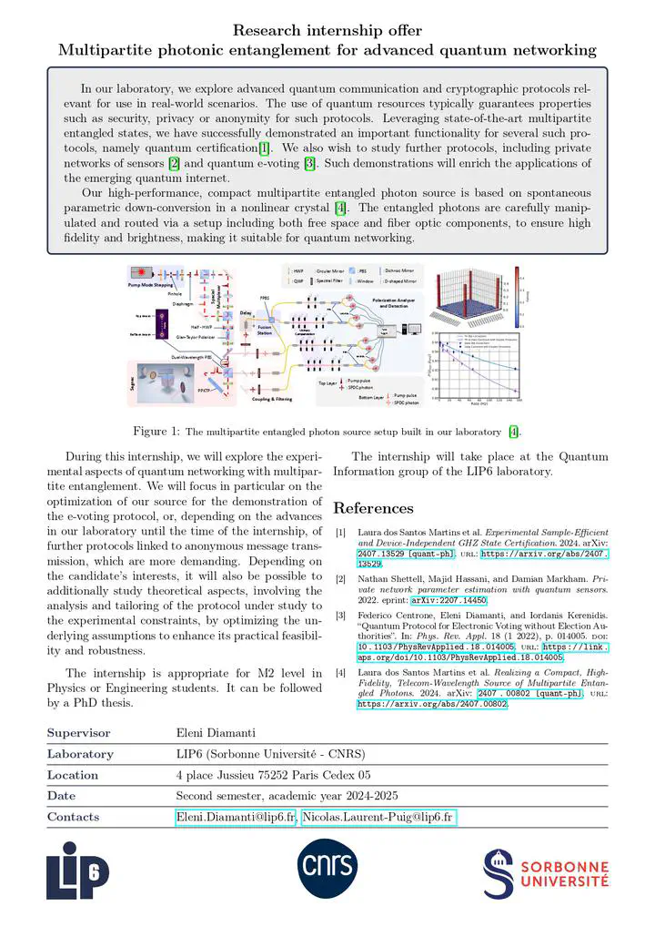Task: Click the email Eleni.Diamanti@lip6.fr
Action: [x=236, y=817]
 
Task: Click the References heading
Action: [x=373, y=508]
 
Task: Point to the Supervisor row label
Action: [x=78, y=733]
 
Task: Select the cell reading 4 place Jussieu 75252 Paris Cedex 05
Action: [x=273, y=775]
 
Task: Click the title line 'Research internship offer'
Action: [x=327, y=30]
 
